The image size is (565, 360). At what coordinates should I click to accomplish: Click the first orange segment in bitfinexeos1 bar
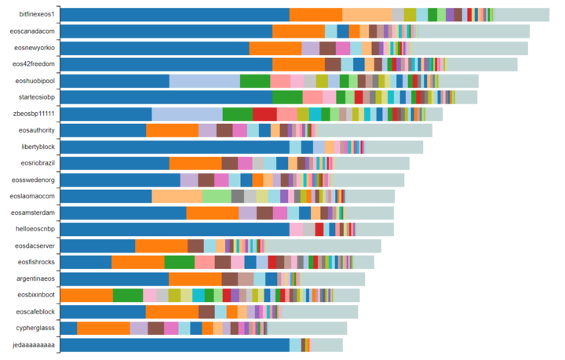click(x=315, y=14)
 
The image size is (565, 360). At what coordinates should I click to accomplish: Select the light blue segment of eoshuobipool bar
click(x=204, y=81)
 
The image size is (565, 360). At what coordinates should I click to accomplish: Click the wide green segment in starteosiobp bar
click(x=287, y=97)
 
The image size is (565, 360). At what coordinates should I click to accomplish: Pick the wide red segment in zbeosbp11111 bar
click(x=264, y=114)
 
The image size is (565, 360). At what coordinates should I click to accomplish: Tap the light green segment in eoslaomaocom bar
click(x=217, y=196)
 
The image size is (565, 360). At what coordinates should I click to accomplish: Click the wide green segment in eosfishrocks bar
click(x=179, y=262)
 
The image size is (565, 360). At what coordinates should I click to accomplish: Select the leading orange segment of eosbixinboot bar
click(x=86, y=295)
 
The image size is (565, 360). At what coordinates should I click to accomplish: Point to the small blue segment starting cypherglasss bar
click(x=68, y=328)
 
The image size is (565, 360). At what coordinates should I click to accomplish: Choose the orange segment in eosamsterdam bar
click(x=212, y=213)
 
